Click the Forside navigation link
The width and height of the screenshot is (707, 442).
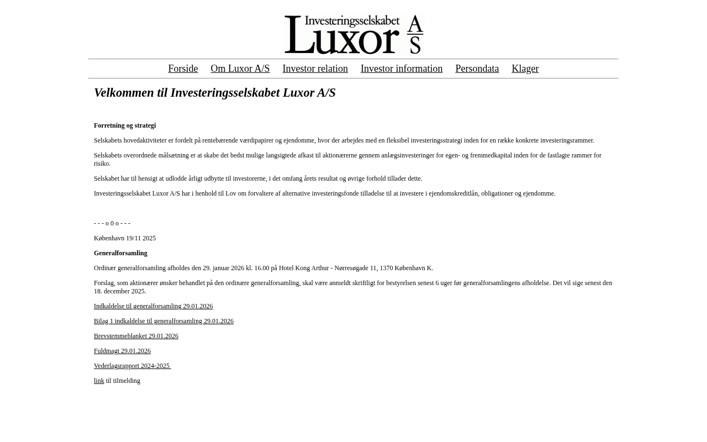[x=183, y=69]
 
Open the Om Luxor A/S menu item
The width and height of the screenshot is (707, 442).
[x=240, y=69]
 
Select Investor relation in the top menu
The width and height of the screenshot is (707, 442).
[x=315, y=69]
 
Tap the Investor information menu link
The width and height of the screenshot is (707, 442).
[x=401, y=69]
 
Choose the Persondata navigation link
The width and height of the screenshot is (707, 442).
[x=477, y=69]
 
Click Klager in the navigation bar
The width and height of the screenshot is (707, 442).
[x=525, y=69]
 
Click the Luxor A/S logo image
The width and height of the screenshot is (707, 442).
[x=353, y=34]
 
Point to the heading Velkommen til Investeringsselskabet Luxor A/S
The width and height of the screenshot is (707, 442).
[x=214, y=92]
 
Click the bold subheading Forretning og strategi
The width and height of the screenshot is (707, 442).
[x=125, y=125]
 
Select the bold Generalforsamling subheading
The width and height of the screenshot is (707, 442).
[x=120, y=253]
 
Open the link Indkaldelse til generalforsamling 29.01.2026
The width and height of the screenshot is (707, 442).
[x=153, y=306]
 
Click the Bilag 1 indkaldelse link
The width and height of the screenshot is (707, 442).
[x=163, y=321]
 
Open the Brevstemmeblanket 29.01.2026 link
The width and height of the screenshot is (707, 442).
[x=136, y=336]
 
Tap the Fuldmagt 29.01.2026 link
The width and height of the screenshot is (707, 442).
[x=122, y=351]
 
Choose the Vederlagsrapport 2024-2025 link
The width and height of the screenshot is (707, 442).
[x=132, y=366]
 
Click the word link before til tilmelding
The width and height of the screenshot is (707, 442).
[x=99, y=381]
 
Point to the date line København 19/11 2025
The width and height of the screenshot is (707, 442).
[x=125, y=238]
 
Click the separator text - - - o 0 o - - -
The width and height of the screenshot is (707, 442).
[x=112, y=223]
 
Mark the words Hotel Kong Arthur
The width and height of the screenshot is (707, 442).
[x=304, y=268]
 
